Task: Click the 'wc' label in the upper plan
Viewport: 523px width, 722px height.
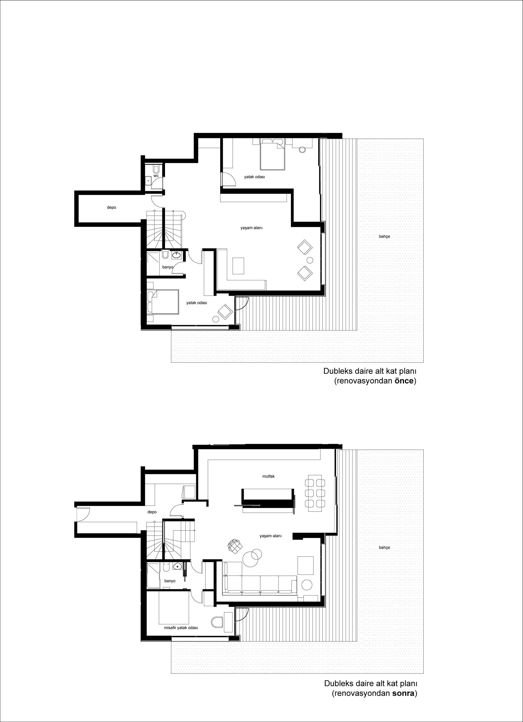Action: pos(156,176)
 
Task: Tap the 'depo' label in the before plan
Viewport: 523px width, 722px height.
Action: pos(111,208)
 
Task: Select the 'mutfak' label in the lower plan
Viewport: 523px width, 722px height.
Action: pos(269,476)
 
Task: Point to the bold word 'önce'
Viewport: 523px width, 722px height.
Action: pos(404,381)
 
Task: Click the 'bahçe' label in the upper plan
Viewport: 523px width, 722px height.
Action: pos(384,237)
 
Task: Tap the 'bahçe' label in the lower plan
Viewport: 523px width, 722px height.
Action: pos(384,548)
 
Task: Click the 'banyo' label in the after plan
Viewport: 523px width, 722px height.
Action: pos(170,581)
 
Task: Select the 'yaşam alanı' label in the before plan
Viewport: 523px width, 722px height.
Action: pos(251,228)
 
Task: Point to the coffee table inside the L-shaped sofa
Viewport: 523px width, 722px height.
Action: pos(238,266)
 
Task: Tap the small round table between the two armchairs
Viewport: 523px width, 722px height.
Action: pos(309,260)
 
